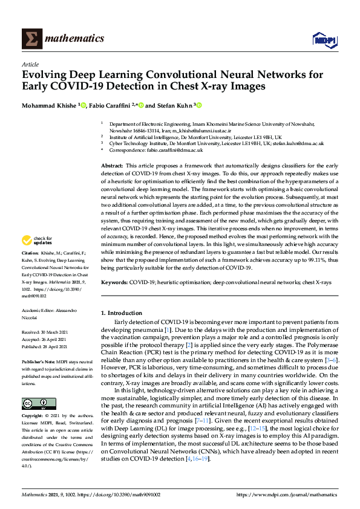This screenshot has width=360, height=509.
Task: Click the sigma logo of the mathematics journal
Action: coord(31,39)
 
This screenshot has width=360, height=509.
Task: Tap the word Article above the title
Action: coord(30,64)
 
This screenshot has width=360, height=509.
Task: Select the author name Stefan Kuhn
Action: coord(172,105)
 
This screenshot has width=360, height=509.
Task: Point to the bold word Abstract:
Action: coord(112,165)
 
